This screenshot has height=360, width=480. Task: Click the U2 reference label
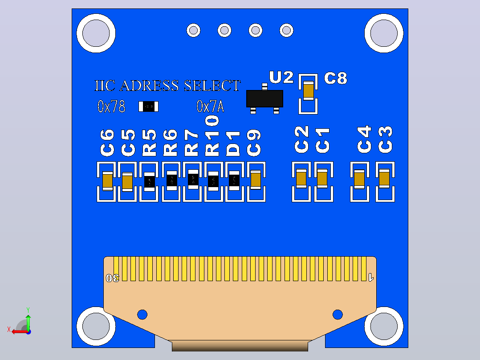coord(281,77)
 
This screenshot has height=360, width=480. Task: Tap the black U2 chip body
coord(265,98)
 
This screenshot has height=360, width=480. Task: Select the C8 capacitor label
coord(336,78)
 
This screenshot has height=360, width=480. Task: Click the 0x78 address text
coord(111,106)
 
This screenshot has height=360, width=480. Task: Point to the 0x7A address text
coord(210,106)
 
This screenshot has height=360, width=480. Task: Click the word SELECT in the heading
coord(212,86)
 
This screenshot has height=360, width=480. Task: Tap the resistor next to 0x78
coord(148,106)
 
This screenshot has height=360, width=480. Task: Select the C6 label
coord(107,143)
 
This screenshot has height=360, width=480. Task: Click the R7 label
coord(191,143)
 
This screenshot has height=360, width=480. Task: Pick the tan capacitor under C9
coord(256,180)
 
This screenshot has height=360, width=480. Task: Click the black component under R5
coord(150,181)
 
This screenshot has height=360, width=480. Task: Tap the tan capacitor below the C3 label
coord(384,178)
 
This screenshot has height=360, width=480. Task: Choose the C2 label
coord(301,139)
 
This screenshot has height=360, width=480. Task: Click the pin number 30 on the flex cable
coord(112,278)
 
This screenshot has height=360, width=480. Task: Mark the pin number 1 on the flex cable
coord(371,277)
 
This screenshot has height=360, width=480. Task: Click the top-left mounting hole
coord(96,33)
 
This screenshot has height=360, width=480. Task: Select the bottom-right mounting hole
coord(384,326)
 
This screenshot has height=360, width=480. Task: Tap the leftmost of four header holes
coord(193,30)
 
